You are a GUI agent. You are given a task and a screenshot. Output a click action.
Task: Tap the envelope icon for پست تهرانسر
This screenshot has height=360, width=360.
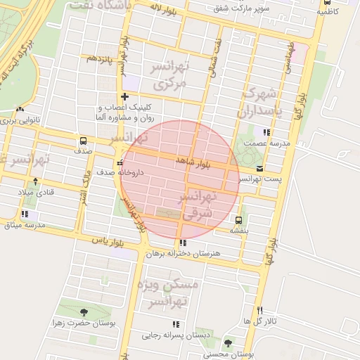[261, 169]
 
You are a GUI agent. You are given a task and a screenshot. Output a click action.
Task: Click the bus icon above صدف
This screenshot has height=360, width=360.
[84, 140]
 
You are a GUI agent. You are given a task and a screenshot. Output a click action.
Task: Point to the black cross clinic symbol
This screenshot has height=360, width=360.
[124, 96]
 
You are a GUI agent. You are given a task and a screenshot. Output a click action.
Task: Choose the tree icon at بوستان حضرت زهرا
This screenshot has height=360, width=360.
[84, 312]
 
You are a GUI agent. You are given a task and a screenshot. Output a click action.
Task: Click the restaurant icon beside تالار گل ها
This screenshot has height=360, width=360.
[259, 311]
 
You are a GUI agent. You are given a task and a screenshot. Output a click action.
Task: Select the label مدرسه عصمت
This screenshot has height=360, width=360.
[264, 142]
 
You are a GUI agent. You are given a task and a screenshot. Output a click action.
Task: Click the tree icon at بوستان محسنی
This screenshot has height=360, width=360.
[228, 343]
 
